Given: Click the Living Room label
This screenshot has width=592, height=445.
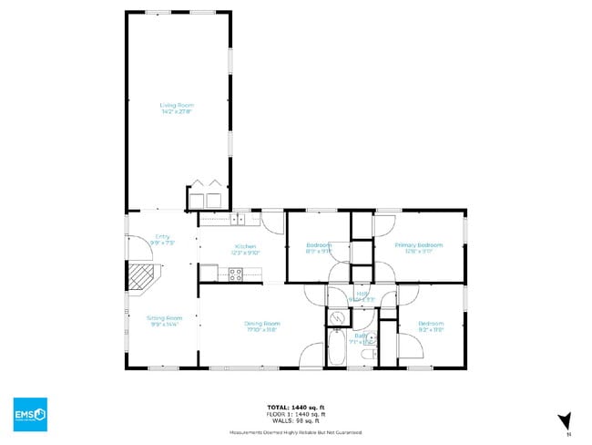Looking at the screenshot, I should pyautogui.click(x=177, y=105).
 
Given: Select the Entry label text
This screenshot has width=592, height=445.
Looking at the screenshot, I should pyautogui.click(x=162, y=236).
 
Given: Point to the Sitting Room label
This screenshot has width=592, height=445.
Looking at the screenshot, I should pyautogui.click(x=164, y=317).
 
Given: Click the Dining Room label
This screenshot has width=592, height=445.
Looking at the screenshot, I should pyautogui.click(x=261, y=323).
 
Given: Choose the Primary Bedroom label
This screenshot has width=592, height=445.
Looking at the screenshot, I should pyautogui.click(x=418, y=244).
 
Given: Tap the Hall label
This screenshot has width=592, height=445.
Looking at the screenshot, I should pyautogui.click(x=362, y=293).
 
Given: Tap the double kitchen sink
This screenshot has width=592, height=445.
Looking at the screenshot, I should pyautogui.click(x=238, y=219).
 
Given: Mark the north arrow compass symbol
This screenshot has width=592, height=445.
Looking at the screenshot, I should pyautogui.click(x=565, y=420).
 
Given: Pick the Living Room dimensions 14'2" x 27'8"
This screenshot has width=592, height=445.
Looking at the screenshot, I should pyautogui.click(x=177, y=112).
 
